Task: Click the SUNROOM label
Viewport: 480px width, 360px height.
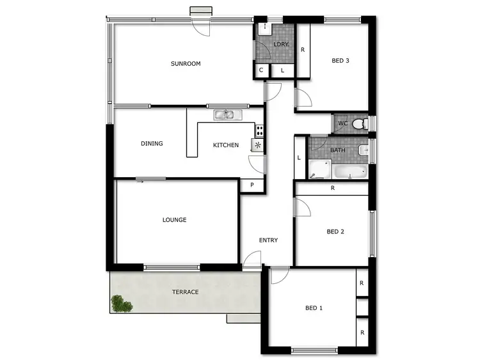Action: pyautogui.click(x=186, y=63)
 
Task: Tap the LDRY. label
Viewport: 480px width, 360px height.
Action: pyautogui.click(x=280, y=44)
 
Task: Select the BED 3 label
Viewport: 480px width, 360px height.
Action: pyautogui.click(x=340, y=61)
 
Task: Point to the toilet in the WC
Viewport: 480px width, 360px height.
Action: pyautogui.click(x=360, y=123)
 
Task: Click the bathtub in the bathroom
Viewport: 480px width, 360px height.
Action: pyautogui.click(x=350, y=171)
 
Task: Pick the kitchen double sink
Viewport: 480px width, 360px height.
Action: pyautogui.click(x=226, y=115)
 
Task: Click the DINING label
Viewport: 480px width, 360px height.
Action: pyautogui.click(x=152, y=143)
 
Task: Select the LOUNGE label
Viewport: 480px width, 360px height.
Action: pyautogui.click(x=174, y=220)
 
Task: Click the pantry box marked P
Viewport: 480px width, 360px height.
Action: pyautogui.click(x=252, y=185)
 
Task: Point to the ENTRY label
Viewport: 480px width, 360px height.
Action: pyautogui.click(x=268, y=240)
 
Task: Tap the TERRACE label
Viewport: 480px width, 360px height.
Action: pyautogui.click(x=185, y=292)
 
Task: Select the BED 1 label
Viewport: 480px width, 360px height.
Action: pyautogui.click(x=314, y=308)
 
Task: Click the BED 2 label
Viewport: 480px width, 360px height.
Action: pyautogui.click(x=335, y=231)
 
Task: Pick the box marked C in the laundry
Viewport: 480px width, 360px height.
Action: pyautogui.click(x=261, y=70)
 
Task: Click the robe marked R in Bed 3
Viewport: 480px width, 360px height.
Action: pyautogui.click(x=302, y=50)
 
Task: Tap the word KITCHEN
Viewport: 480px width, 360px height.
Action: pyautogui.click(x=226, y=145)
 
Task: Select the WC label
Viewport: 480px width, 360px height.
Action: pyautogui.click(x=342, y=123)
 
